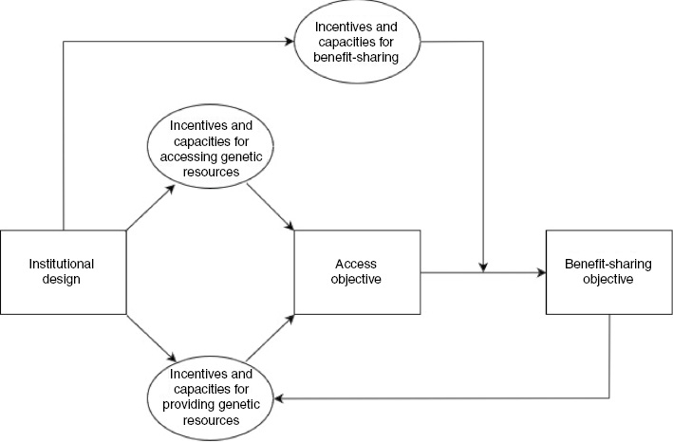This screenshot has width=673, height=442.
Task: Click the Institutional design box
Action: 64,271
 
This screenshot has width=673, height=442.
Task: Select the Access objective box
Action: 357,271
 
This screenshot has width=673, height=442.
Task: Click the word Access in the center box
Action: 357,264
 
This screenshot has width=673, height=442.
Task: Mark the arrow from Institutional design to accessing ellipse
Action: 150,207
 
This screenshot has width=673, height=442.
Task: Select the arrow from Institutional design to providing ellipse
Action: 150,337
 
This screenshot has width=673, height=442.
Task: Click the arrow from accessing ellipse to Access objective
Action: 274,207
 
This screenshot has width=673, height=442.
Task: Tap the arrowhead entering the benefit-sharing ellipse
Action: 290,42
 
